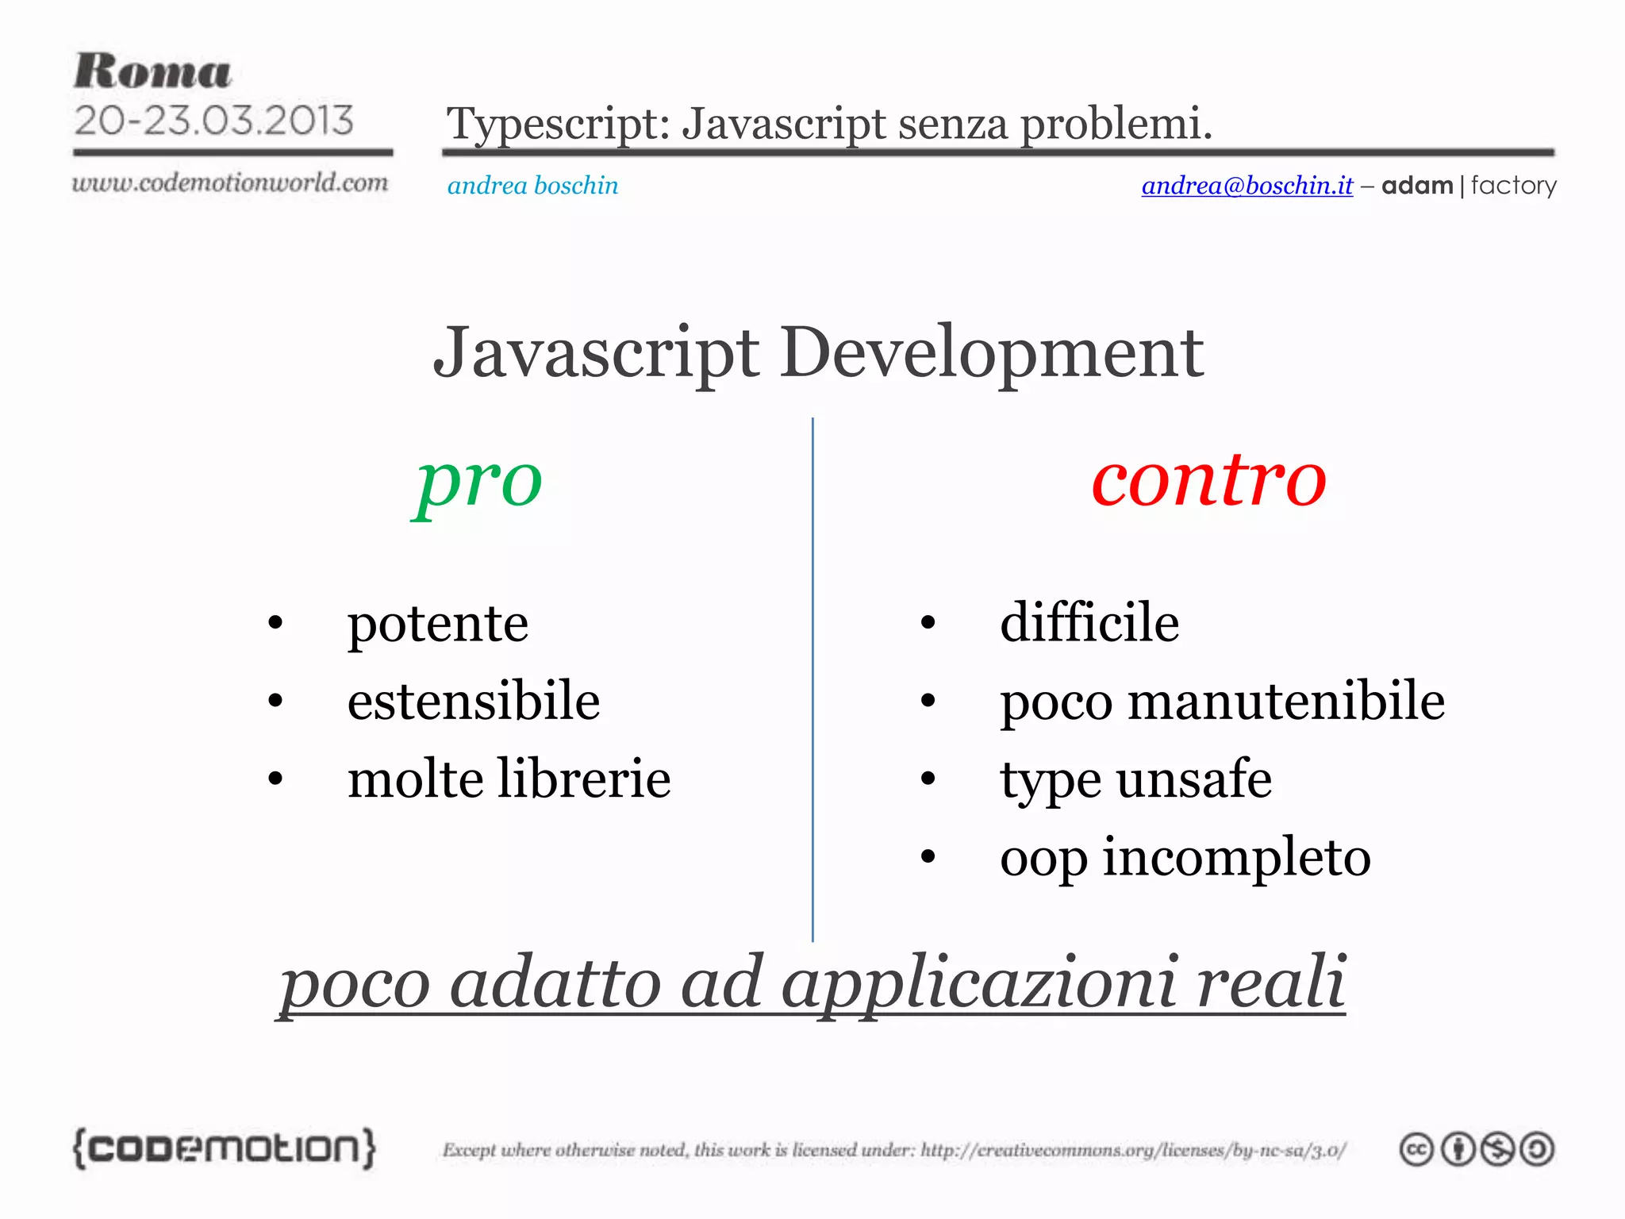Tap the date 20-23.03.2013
(213, 121)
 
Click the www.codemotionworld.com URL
(230, 183)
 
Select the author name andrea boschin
(532, 185)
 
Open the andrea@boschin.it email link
(1247, 185)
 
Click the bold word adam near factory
(1416, 185)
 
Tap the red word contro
(1208, 479)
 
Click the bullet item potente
(437, 624)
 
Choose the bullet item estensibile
(473, 701)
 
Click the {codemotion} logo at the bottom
(224, 1148)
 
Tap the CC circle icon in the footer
(1416, 1149)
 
